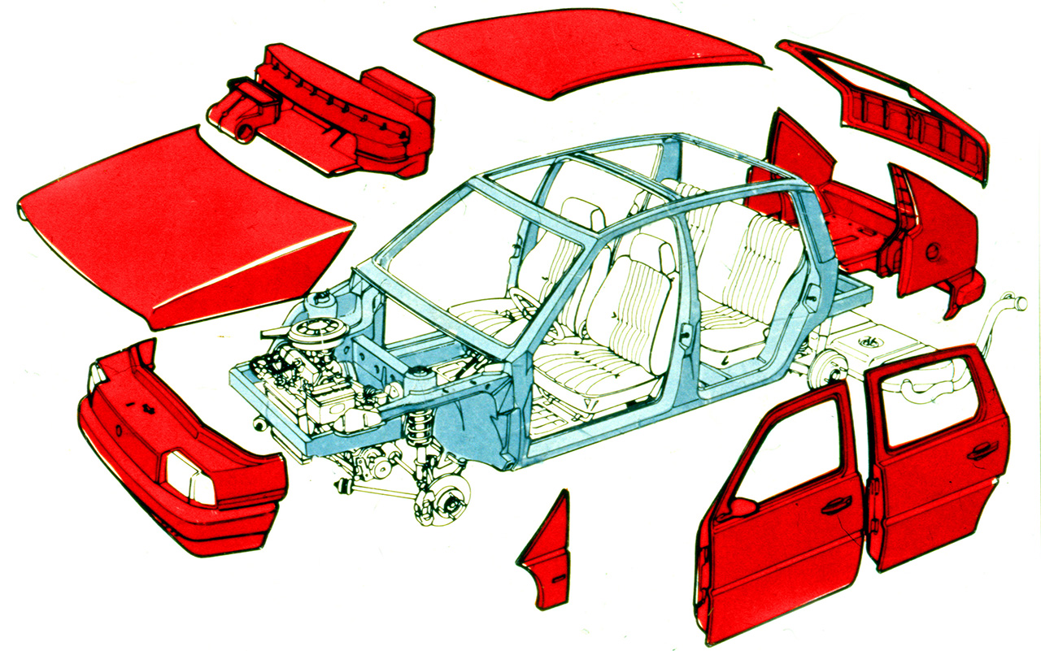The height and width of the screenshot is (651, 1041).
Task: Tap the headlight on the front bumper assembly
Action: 189,475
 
